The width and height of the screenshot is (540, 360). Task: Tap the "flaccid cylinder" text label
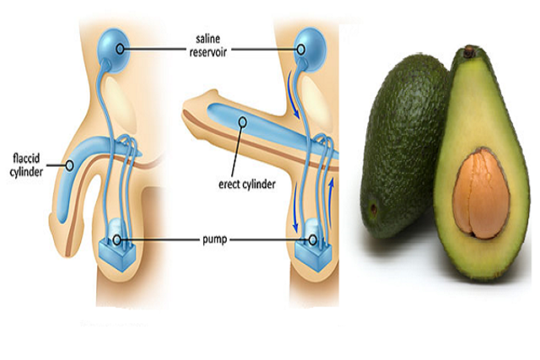coord(30,162)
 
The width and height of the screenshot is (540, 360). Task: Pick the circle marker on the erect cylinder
coord(244,121)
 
